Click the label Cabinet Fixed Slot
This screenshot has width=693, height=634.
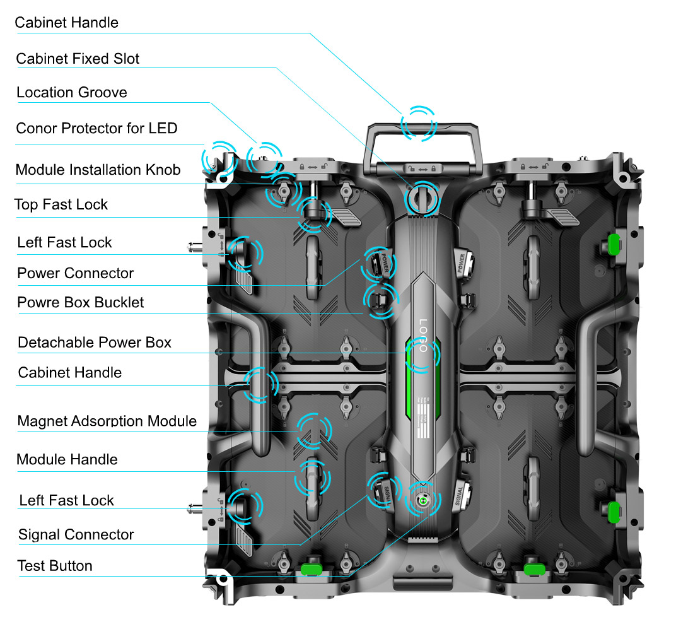[78, 59]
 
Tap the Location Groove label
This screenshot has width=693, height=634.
[71, 93]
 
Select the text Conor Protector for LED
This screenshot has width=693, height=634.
[96, 129]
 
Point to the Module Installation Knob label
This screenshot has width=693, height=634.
[98, 170]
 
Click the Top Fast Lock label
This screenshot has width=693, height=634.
[61, 204]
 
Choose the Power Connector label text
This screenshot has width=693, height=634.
[75, 273]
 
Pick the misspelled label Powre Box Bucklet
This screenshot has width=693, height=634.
[80, 302]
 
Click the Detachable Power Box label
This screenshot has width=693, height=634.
[95, 343]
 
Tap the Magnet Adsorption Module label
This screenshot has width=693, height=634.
[107, 421]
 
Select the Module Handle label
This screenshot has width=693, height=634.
[67, 459]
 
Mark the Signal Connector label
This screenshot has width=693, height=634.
[76, 535]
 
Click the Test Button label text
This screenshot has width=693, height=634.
[55, 566]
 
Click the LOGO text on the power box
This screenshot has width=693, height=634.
[422, 341]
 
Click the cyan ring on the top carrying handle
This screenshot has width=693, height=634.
[419, 122]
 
